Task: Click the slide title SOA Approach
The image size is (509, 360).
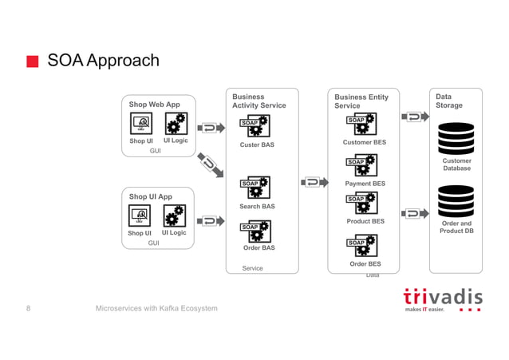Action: click(103, 61)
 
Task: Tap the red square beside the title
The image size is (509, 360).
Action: click(32, 62)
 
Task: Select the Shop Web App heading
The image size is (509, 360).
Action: click(155, 105)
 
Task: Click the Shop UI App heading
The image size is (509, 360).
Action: click(150, 196)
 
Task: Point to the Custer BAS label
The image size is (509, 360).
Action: click(257, 145)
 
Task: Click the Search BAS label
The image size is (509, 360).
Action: click(257, 207)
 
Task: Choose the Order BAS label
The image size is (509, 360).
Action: click(258, 248)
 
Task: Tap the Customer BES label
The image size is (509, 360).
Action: click(364, 143)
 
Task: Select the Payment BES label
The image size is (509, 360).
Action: click(365, 184)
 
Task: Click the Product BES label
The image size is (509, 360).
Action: click(365, 221)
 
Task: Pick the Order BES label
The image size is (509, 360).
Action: click(365, 264)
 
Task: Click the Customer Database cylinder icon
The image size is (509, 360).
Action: click(456, 139)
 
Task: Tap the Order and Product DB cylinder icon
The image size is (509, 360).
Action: click(456, 200)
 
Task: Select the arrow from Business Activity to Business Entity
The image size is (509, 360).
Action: click(314, 182)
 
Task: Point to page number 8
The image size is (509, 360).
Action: click(29, 309)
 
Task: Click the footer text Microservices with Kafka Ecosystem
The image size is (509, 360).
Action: click(156, 309)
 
